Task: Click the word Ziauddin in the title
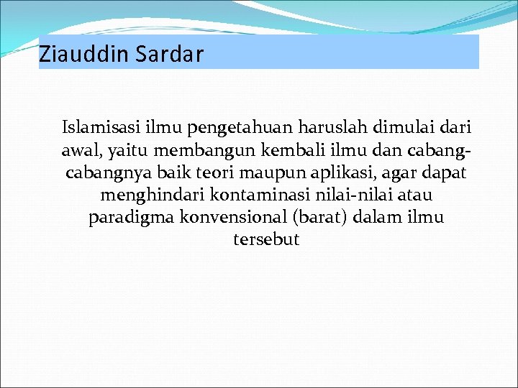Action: [x=71, y=54]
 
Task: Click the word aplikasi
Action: [x=313, y=173]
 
